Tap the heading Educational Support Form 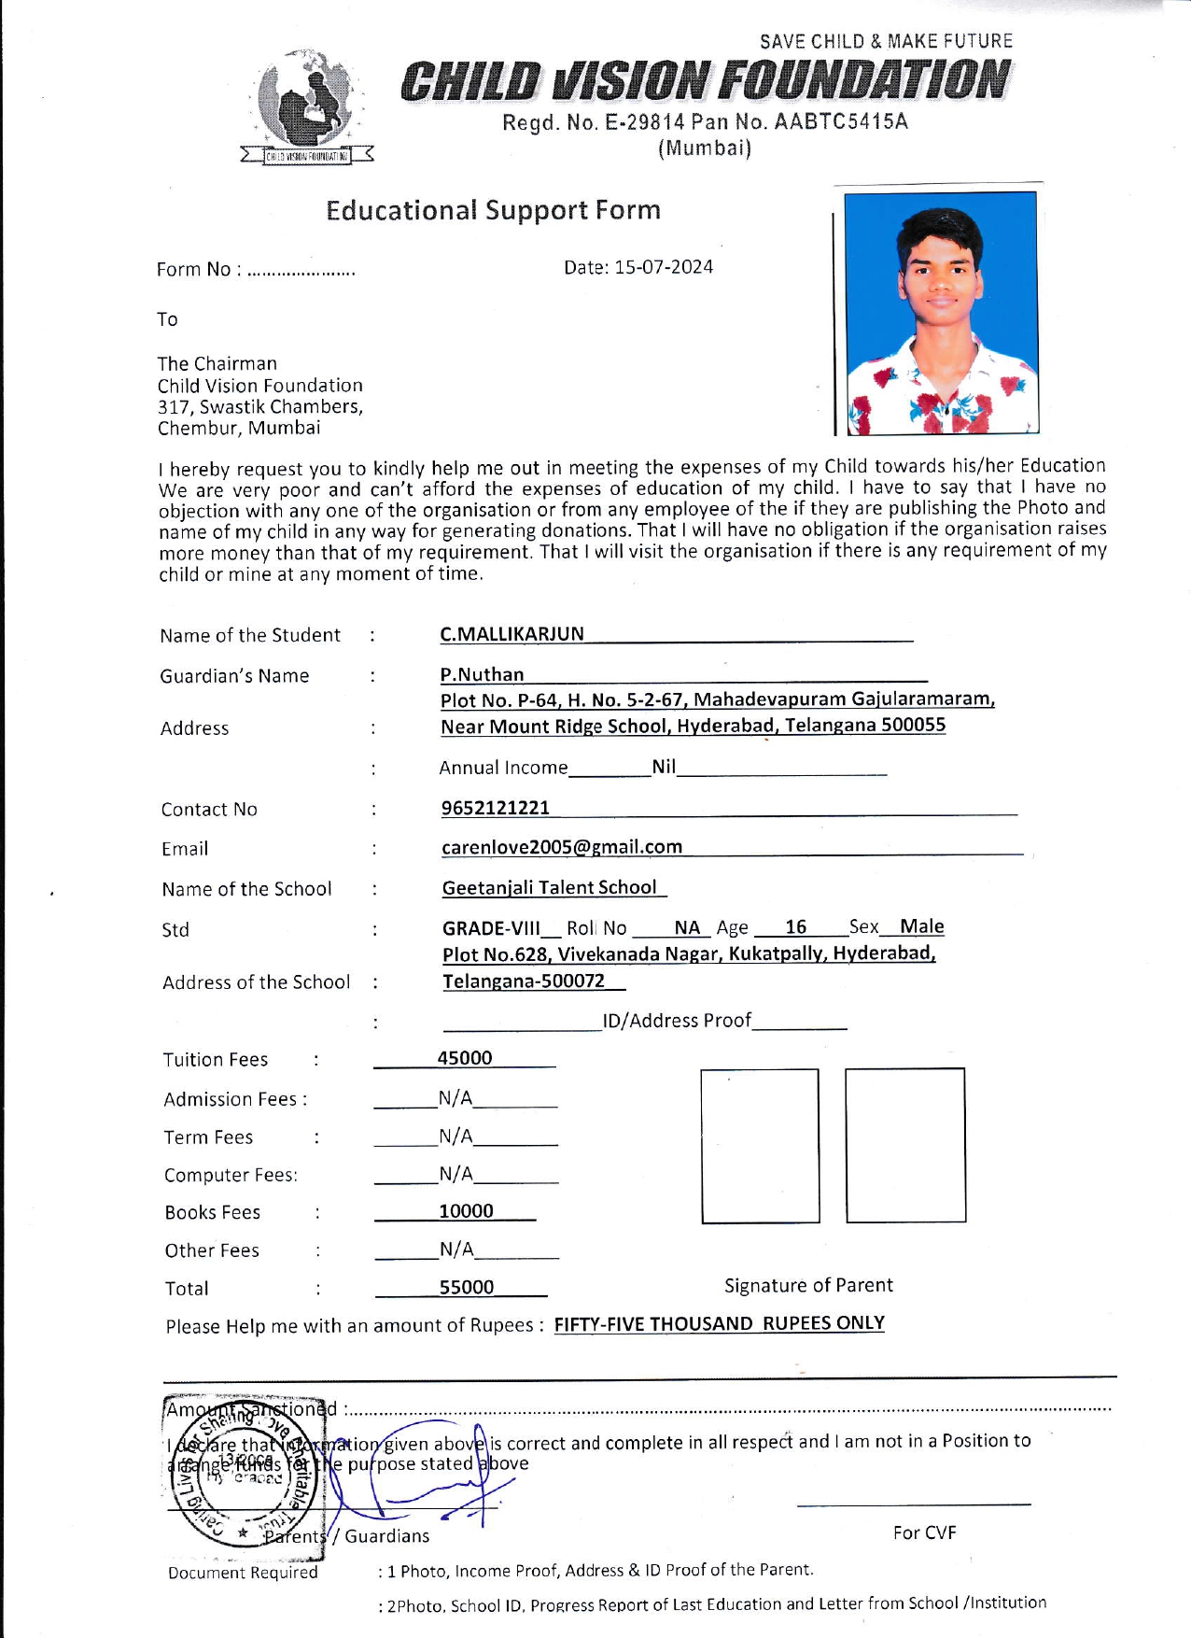pyautogui.click(x=493, y=210)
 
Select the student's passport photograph pyautogui.click(x=941, y=313)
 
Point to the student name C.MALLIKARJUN pyautogui.click(x=511, y=634)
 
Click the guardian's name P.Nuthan pyautogui.click(x=482, y=674)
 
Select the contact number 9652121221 pyautogui.click(x=496, y=808)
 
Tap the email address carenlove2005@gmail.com pyautogui.click(x=562, y=847)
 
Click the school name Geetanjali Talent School pyautogui.click(x=550, y=887)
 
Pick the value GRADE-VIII pyautogui.click(x=491, y=928)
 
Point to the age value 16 pyautogui.click(x=795, y=926)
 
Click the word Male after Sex pyautogui.click(x=921, y=926)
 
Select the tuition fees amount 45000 pyautogui.click(x=465, y=1058)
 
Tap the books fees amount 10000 pyautogui.click(x=466, y=1211)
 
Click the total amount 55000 pyautogui.click(x=467, y=1287)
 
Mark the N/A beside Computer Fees pyautogui.click(x=455, y=1174)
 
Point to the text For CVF pyautogui.click(x=924, y=1532)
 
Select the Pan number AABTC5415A pyautogui.click(x=841, y=122)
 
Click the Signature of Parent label pyautogui.click(x=808, y=1285)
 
